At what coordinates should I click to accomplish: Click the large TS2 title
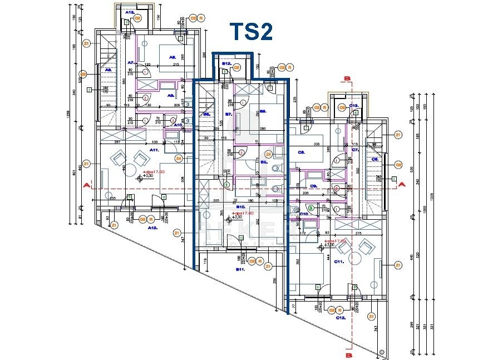pyautogui.click(x=252, y=32)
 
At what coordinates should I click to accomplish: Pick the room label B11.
pyautogui.click(x=240, y=270)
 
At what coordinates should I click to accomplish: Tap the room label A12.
pyautogui.click(x=152, y=228)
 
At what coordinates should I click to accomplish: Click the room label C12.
pyautogui.click(x=342, y=317)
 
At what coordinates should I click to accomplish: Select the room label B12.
pyautogui.click(x=226, y=64)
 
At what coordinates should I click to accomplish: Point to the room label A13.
pyautogui.click(x=130, y=12)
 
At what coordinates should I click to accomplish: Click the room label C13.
pyautogui.click(x=354, y=105)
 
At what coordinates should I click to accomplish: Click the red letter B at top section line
pyautogui.click(x=348, y=79)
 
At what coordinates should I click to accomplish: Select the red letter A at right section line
pyautogui.click(x=402, y=182)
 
